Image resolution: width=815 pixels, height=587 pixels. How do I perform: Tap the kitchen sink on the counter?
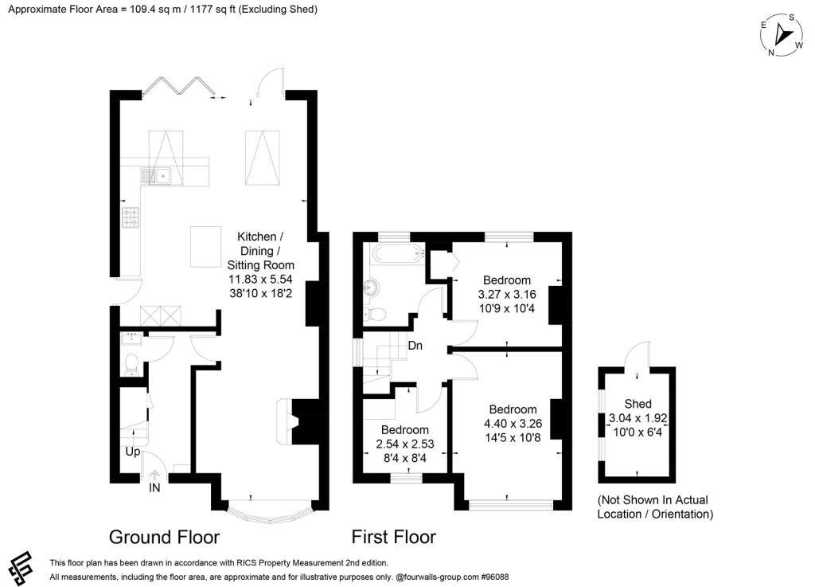157,175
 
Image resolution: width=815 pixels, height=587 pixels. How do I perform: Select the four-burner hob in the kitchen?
131,217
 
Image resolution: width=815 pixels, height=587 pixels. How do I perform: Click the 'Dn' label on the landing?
415,346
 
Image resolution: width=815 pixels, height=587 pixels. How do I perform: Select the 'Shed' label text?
638,404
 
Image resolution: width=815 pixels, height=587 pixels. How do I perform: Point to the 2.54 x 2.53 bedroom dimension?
404,444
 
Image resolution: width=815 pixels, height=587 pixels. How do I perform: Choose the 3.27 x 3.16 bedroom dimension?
507,294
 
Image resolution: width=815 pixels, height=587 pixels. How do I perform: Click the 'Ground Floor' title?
164,537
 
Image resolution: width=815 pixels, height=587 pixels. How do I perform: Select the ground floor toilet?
132,364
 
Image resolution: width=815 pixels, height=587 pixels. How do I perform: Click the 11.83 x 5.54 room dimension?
260,279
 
